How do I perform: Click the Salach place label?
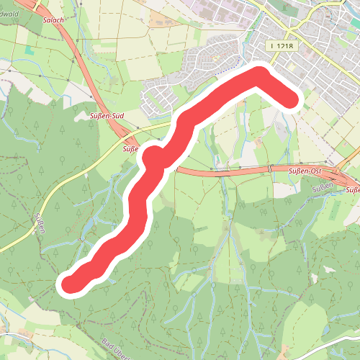coord(54,20)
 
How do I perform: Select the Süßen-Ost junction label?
coord(304,171)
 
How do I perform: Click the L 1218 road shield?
coord(280,45)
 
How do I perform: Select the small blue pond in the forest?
coord(79,236)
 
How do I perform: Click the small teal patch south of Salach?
coord(30,52)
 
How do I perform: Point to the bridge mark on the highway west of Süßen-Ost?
coord(271,169)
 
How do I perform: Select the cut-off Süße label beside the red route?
coord(130,149)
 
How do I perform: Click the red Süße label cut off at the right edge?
coord(352,190)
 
